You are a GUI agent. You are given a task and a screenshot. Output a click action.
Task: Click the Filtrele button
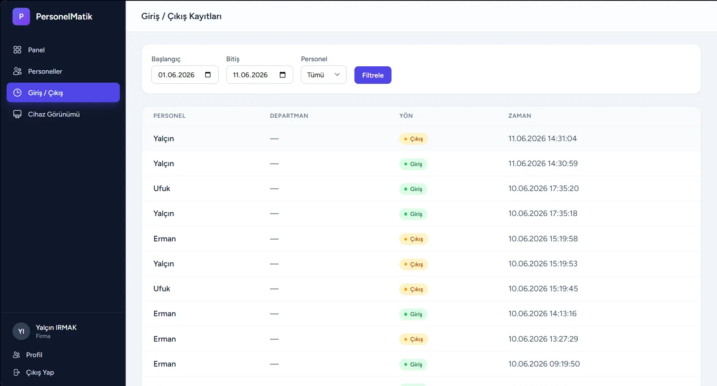tap(372, 75)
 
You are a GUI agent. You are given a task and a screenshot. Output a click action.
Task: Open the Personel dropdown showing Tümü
tap(323, 75)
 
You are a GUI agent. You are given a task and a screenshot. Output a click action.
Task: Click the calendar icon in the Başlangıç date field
tap(208, 74)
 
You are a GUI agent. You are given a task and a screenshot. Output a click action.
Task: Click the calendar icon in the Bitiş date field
tap(282, 74)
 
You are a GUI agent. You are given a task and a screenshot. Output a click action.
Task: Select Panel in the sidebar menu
tap(36, 50)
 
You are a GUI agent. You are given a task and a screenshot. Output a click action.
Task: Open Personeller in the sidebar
tap(45, 71)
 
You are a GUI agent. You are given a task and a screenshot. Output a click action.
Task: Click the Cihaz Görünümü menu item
tap(53, 114)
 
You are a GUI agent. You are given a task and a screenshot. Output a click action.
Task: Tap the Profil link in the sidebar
tap(34, 355)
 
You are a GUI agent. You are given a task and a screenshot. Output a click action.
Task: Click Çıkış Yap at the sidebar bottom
tap(40, 372)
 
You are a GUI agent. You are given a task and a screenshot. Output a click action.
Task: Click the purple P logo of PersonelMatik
tap(21, 17)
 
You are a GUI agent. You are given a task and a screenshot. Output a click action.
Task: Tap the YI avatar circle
tap(21, 331)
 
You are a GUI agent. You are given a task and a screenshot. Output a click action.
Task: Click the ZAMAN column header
tap(519, 116)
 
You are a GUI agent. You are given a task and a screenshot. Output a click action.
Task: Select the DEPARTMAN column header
tap(289, 116)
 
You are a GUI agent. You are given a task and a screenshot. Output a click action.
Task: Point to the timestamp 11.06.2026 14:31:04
tap(542, 138)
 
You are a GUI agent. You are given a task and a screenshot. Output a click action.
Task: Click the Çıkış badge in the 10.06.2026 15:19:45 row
tap(413, 289)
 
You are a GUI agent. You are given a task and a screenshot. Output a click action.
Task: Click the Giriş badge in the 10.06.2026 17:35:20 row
tap(413, 189)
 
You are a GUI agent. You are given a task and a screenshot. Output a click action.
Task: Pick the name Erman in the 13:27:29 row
tap(164, 339)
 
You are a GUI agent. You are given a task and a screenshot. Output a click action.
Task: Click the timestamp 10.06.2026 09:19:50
tap(544, 364)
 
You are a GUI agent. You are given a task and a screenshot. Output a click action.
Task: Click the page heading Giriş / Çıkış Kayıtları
tap(181, 16)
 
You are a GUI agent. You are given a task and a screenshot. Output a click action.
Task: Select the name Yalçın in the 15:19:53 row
tap(164, 264)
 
